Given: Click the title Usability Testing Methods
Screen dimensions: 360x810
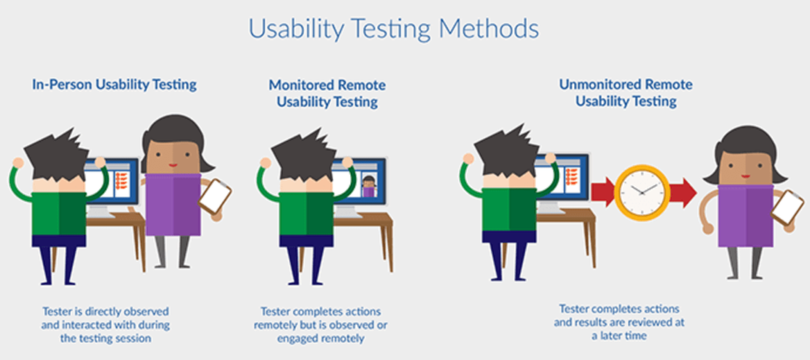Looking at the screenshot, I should pos(393,28).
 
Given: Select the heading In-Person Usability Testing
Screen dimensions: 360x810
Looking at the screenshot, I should pos(115,83).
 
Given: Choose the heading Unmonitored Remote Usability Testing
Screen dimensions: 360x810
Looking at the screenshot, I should pos(626,93).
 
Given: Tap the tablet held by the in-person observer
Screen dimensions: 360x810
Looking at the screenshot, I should pos(214,195).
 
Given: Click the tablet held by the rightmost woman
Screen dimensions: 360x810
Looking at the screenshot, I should pos(787,207).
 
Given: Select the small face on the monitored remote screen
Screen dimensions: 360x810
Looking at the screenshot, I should pos(369,184).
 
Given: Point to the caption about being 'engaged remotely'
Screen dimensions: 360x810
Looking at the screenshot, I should pos(320,325).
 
